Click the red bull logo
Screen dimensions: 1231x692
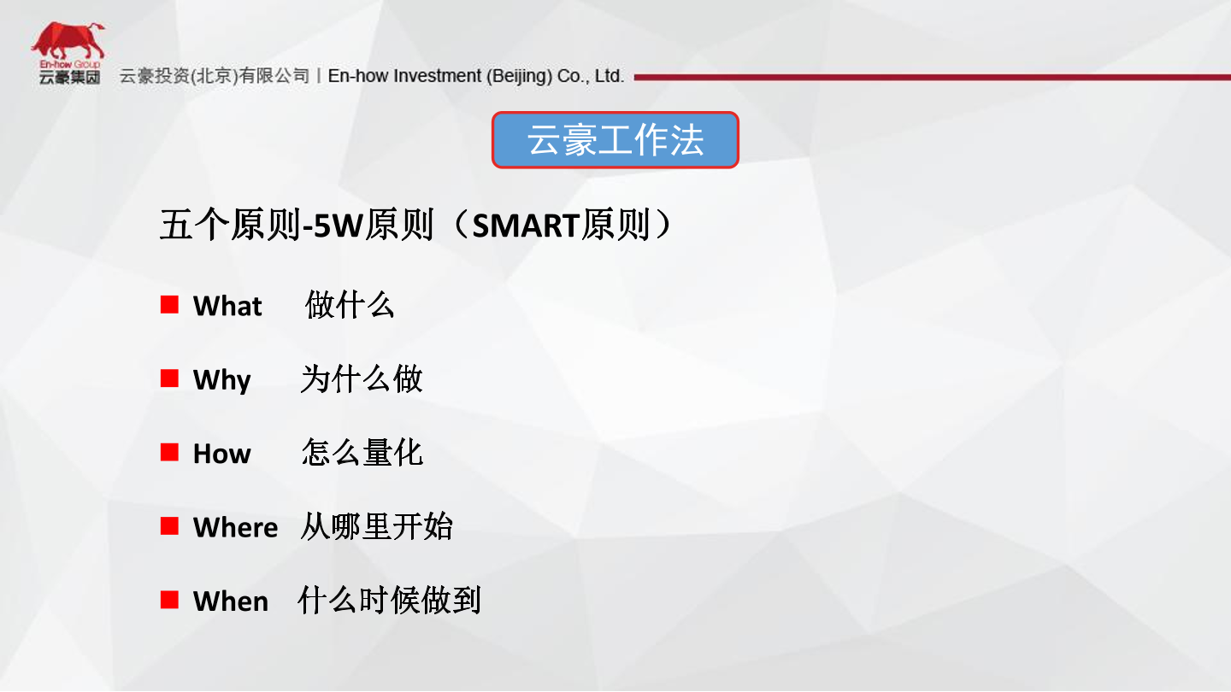point(68,41)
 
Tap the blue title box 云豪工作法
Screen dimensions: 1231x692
point(615,139)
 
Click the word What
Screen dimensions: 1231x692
point(227,305)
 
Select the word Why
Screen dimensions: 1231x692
point(222,380)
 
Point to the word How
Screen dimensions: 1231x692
point(222,454)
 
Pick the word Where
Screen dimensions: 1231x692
point(235,527)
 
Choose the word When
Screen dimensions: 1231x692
point(231,601)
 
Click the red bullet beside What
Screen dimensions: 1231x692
point(169,304)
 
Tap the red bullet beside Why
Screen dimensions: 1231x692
point(169,378)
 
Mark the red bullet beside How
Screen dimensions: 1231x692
point(169,453)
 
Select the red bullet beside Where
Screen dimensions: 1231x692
point(169,526)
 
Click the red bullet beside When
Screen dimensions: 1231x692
point(169,600)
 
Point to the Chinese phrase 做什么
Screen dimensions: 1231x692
point(350,305)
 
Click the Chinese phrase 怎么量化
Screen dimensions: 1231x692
point(362,453)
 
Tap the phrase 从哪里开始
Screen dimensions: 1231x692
point(376,526)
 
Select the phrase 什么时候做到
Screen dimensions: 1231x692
point(389,601)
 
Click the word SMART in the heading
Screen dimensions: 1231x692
point(526,226)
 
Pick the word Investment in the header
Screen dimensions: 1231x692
point(437,76)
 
